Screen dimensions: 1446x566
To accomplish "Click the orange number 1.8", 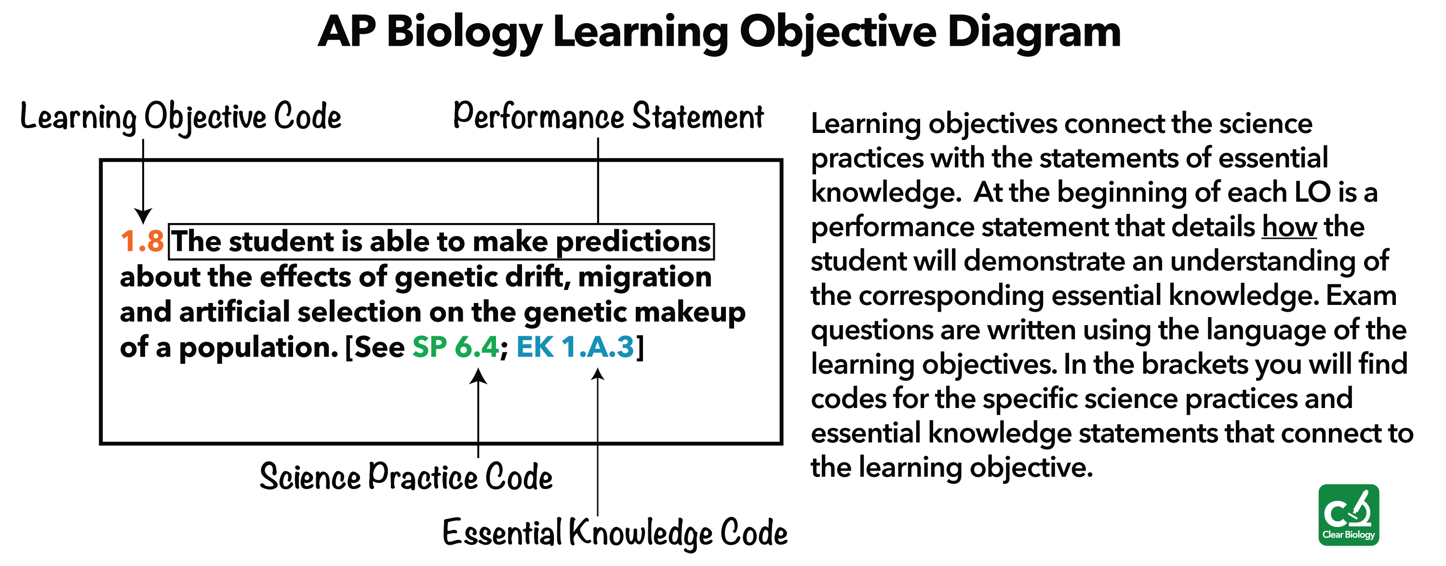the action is pyautogui.click(x=142, y=242).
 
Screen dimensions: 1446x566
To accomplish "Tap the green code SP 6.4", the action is pyautogui.click(x=455, y=347).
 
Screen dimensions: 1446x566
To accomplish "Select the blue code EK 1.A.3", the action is pyautogui.click(x=576, y=347).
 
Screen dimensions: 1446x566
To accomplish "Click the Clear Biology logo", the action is pyautogui.click(x=1348, y=514).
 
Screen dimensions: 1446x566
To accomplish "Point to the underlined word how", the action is pyautogui.click(x=1289, y=226).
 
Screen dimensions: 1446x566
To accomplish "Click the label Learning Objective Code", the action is pyautogui.click(x=181, y=117).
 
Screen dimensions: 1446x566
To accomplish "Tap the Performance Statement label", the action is pyautogui.click(x=608, y=116).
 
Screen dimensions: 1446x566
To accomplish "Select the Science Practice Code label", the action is pyautogui.click(x=406, y=477).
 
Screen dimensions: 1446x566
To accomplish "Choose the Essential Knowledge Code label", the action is pyautogui.click(x=615, y=532).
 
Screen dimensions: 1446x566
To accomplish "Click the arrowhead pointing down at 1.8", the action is pyautogui.click(x=143, y=216).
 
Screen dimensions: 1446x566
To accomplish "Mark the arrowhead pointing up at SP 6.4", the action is pyautogui.click(x=478, y=376).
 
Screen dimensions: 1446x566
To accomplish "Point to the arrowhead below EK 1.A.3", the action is pyautogui.click(x=598, y=374).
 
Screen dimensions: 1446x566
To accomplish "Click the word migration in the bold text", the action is pyautogui.click(x=644, y=277).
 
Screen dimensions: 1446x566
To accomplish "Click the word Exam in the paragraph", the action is pyautogui.click(x=1361, y=295).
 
